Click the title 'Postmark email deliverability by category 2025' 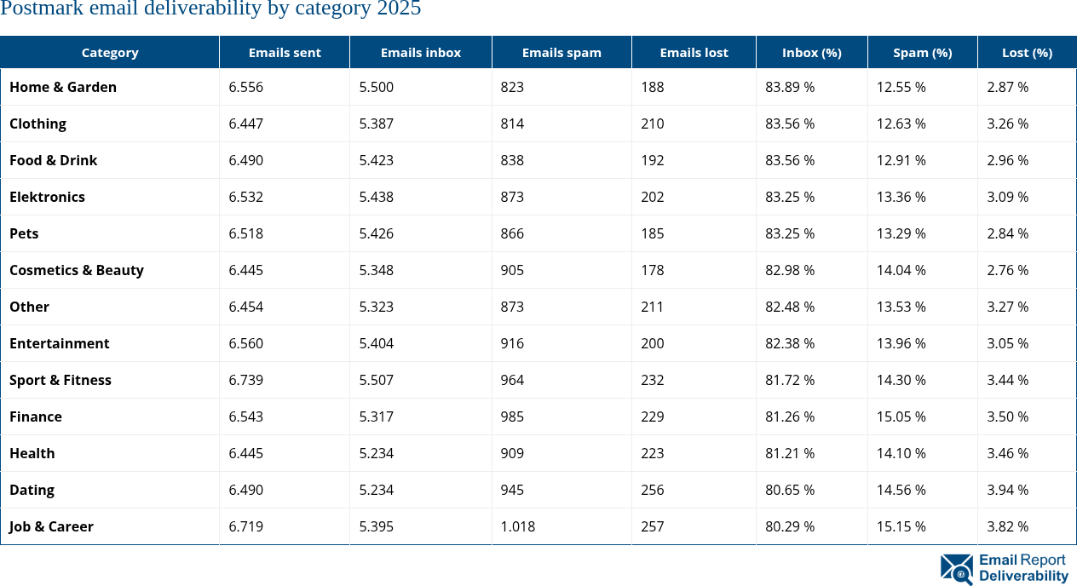point(210,9)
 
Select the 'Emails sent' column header point(285,53)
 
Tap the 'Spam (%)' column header point(922,53)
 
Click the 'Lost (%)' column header point(1027,53)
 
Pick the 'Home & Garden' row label point(63,87)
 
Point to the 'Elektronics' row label point(47,197)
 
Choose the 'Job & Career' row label point(51,526)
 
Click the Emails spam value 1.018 point(518,526)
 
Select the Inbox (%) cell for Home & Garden point(790,87)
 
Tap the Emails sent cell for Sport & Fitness point(246,380)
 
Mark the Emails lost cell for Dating point(653,490)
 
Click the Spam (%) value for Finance point(901,417)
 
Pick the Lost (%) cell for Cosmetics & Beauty point(1008,270)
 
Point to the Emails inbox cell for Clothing point(377,124)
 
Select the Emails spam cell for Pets point(513,233)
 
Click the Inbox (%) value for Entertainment point(790,343)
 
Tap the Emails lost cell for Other point(653,307)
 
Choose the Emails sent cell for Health point(246,453)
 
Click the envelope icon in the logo point(957,569)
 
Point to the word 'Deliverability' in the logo point(1023,577)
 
